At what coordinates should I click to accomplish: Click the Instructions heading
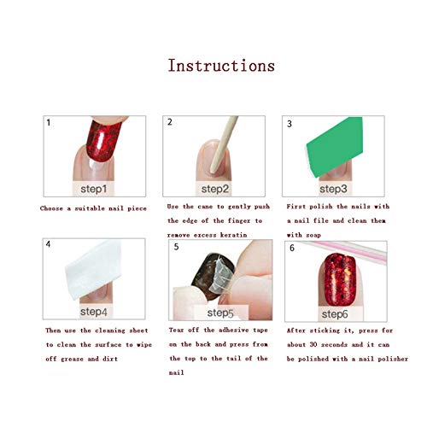coord(221,66)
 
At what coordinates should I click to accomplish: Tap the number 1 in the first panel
coord(49,122)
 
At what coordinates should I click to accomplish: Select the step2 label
coord(215,189)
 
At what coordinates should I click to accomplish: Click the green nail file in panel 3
coord(335,147)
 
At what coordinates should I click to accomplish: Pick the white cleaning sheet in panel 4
coord(93,269)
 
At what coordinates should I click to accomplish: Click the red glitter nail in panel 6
coord(340,279)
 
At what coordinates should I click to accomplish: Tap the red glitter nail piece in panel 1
coord(103,140)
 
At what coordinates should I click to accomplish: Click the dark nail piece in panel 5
coord(212,276)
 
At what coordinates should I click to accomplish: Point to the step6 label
coord(335,314)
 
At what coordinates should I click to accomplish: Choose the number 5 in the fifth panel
coord(176,247)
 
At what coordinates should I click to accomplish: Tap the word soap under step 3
coord(313,236)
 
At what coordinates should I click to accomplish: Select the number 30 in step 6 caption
coord(313,344)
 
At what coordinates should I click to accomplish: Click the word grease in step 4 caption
coord(72,359)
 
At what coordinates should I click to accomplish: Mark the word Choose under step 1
coord(51,208)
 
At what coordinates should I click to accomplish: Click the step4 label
coord(94,312)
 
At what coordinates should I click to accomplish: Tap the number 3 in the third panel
coord(290,124)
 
